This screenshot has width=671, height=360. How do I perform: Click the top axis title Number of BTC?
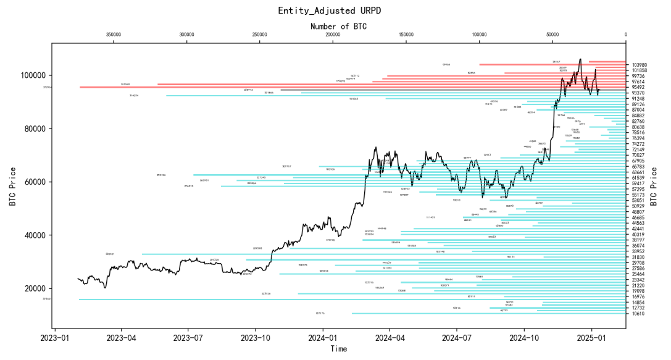click(x=338, y=26)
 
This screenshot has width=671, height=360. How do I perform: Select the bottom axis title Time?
click(x=338, y=349)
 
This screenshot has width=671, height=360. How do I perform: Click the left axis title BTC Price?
click(x=13, y=186)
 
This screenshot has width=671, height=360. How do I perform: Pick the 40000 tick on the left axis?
click(x=34, y=235)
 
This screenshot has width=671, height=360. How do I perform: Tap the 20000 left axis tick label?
click(x=34, y=288)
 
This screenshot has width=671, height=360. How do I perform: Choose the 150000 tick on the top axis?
click(x=406, y=35)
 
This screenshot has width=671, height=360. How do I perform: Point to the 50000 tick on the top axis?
click(x=552, y=35)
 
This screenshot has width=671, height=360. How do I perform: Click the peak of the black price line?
click(x=580, y=59)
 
